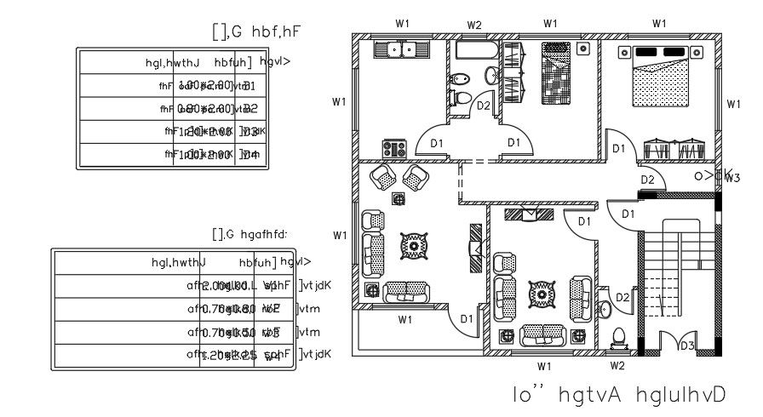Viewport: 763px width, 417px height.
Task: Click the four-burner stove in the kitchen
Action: (394, 148)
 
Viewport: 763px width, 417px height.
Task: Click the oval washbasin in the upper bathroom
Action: (491, 76)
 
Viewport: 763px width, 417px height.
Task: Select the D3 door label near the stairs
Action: (686, 346)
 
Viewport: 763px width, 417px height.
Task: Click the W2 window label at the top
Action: (474, 26)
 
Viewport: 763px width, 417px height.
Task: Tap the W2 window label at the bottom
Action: (617, 366)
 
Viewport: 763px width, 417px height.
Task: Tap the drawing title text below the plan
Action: (619, 396)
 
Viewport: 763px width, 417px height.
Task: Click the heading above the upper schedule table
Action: (257, 32)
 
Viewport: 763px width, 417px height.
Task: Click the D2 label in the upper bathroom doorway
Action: (483, 106)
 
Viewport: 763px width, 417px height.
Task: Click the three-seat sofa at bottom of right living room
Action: (543, 335)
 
